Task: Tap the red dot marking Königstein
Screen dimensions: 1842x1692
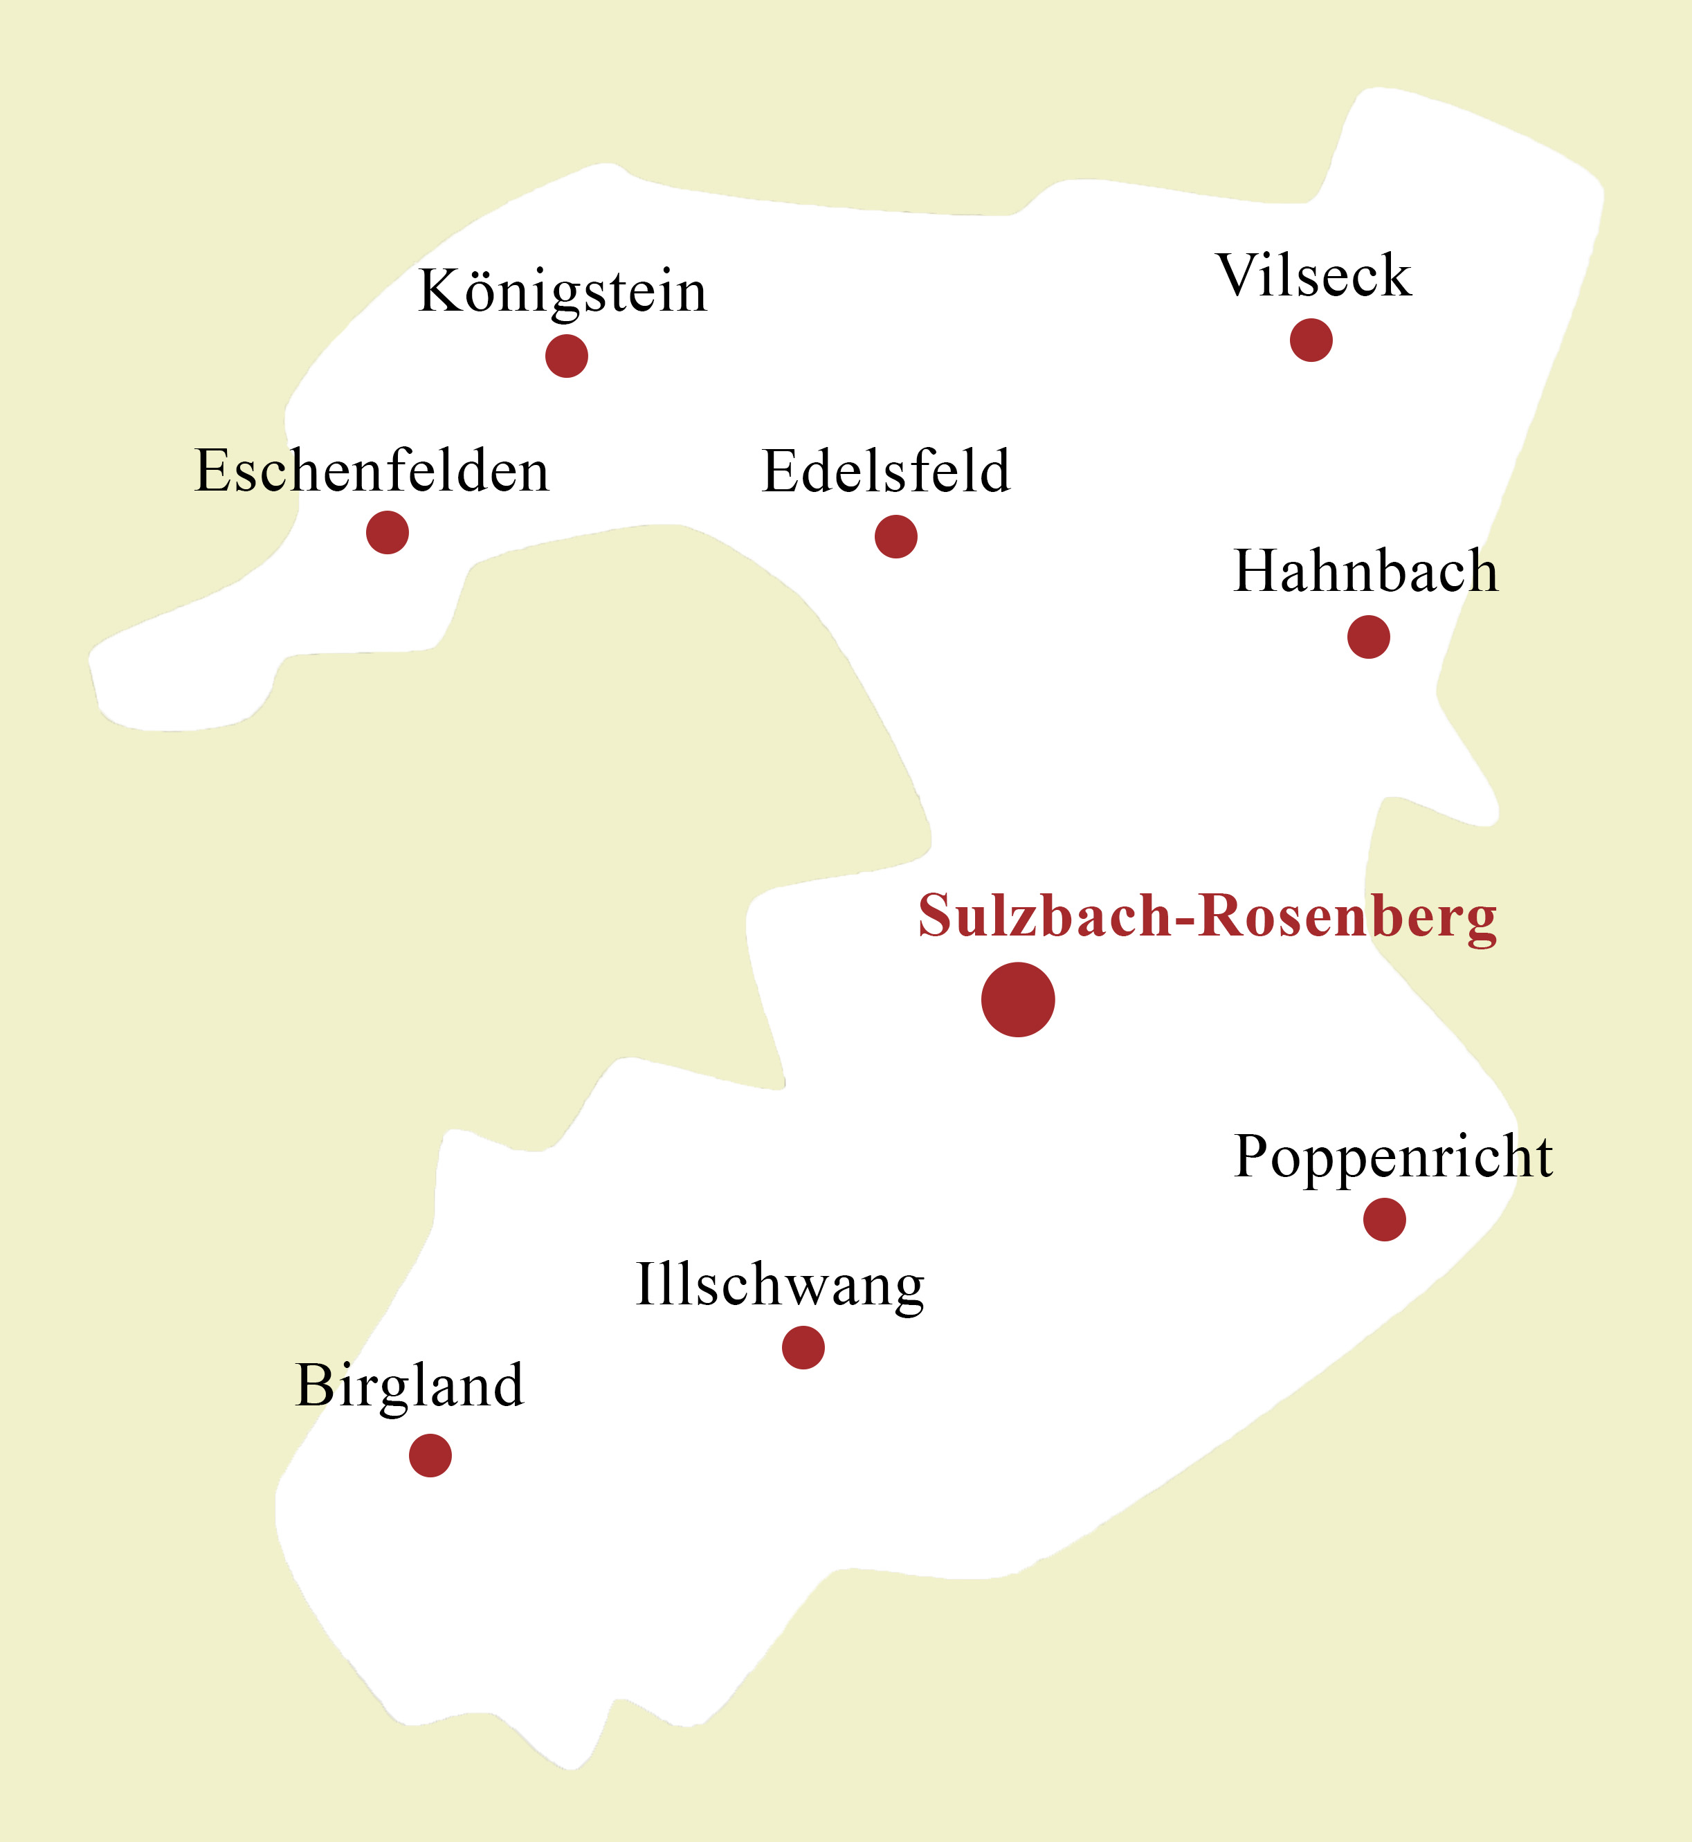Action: [567, 356]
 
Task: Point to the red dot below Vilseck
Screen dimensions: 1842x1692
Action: [1311, 340]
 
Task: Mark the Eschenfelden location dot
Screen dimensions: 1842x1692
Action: [388, 533]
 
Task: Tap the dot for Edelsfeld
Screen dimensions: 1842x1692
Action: [896, 536]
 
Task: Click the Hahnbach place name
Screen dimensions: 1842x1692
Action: [1366, 572]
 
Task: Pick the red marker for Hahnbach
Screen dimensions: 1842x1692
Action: [1369, 637]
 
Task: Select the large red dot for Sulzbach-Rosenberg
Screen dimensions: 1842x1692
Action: [1018, 1000]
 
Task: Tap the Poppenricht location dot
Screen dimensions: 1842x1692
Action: [1384, 1219]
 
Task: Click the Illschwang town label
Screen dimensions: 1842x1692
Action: [780, 1286]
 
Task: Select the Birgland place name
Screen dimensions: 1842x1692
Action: [409, 1385]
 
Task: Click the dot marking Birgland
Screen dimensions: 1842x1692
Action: [430, 1456]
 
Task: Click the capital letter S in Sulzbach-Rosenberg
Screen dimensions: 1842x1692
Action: [935, 915]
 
